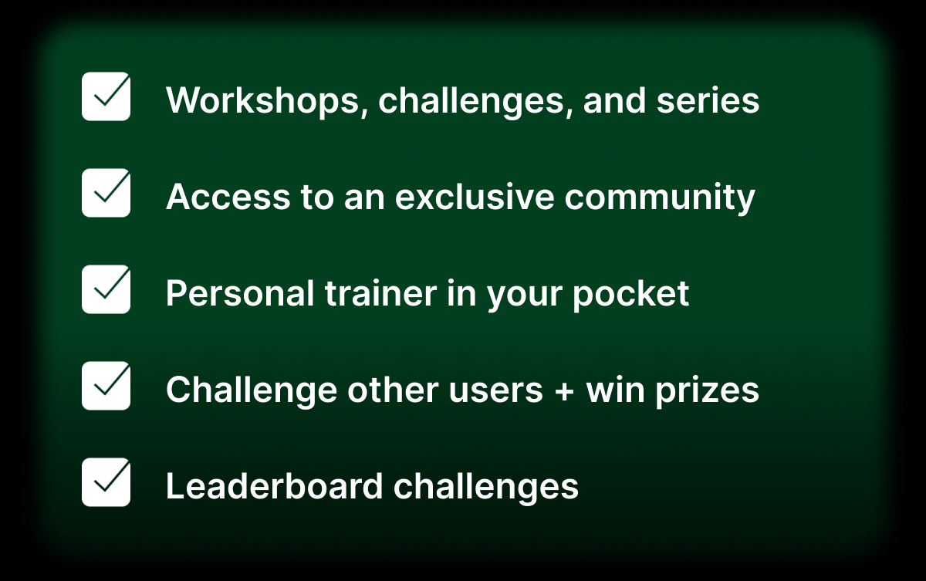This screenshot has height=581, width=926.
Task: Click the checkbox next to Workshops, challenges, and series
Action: tap(106, 96)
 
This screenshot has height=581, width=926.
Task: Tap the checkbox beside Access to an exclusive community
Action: tap(106, 193)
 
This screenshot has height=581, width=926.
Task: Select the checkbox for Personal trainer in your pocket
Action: tap(106, 289)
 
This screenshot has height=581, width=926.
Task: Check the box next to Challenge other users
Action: tap(106, 386)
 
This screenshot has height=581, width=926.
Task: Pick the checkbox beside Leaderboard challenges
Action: tap(106, 481)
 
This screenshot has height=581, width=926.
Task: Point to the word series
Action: tap(708, 101)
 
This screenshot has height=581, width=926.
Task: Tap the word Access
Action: tap(228, 197)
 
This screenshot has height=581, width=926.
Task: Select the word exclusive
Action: tap(475, 197)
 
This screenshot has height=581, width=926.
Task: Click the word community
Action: tap(660, 198)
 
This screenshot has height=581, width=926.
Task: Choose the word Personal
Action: tap(240, 293)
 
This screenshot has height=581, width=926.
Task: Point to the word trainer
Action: tap(380, 293)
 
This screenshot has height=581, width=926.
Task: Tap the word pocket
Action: tap(631, 295)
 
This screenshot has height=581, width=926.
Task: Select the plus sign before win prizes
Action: tap(564, 391)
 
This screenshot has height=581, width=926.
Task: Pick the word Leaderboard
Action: tap(275, 486)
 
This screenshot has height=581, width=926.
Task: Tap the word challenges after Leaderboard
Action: tap(485, 488)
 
